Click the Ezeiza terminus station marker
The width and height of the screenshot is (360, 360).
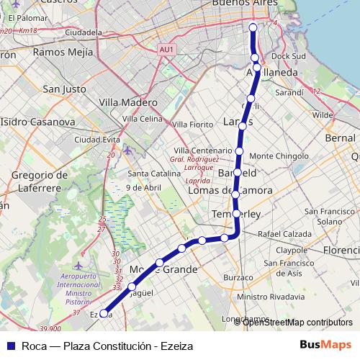pos(104,313)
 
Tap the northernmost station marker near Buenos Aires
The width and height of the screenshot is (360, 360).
pos(253,27)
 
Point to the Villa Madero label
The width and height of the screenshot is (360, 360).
pos(128,102)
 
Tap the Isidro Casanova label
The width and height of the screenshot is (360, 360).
pos(40,122)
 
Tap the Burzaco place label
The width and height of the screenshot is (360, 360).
pos(238,277)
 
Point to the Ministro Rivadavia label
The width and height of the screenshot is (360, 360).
pos(270,296)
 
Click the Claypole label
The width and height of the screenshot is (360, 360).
pos(291,250)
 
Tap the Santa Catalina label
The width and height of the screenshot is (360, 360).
pos(149,174)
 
